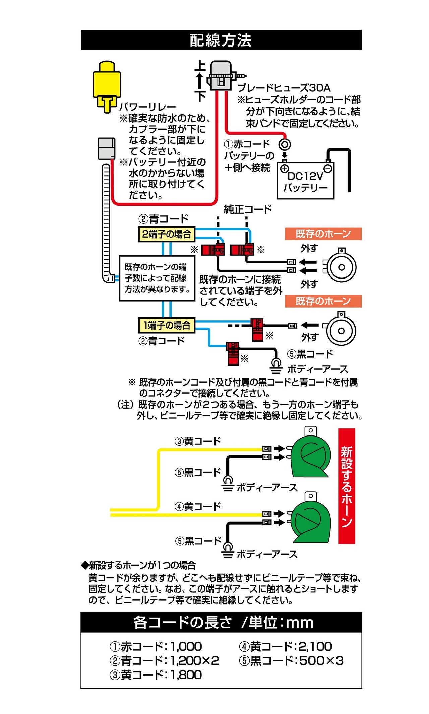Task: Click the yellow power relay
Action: point(106,85)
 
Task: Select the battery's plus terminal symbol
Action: point(284,169)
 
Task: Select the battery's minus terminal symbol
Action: point(328,168)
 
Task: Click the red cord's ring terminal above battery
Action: point(285,144)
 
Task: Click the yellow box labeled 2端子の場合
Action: point(166,234)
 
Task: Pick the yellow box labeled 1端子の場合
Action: point(167,325)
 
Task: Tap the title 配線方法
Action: point(221,40)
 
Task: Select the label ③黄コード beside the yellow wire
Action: point(197,441)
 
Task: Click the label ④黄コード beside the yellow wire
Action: point(197,506)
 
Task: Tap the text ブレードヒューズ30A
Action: point(284,88)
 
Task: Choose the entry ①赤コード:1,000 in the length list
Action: point(156,646)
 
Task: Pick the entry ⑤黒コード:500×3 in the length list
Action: point(291,660)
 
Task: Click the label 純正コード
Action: point(248,209)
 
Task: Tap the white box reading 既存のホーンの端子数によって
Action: point(157,279)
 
